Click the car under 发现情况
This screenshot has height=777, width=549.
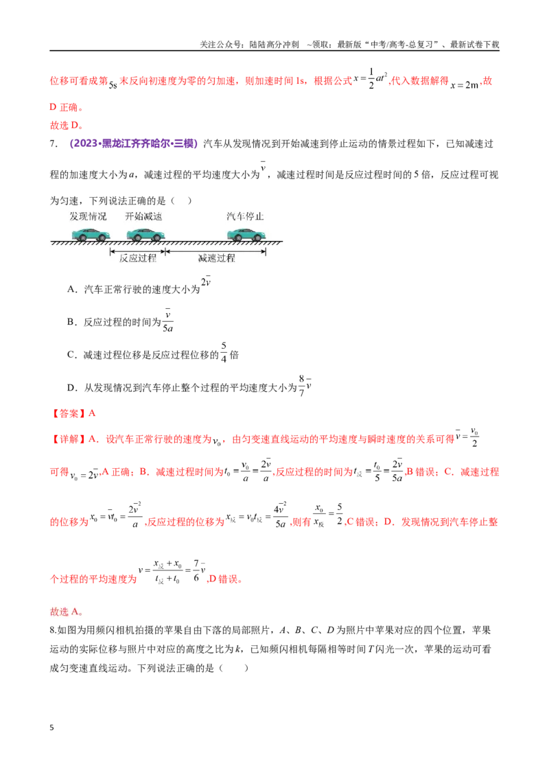coord(91,234)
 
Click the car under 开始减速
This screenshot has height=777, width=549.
coord(145,234)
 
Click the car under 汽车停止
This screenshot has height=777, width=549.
coord(246,234)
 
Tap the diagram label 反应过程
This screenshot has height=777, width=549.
coord(138,258)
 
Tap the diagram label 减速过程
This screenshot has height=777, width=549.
coord(217,258)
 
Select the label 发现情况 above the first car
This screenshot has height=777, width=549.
coord(89,216)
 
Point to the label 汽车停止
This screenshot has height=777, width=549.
coord(245,216)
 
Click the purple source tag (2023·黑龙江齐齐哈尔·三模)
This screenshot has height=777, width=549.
coord(134,143)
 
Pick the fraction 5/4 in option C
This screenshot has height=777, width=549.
coord(224,352)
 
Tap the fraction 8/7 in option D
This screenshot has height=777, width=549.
coord(301,385)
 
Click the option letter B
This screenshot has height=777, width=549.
coord(71,322)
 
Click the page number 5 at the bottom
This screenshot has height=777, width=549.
coord(51,728)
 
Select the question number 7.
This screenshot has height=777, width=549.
coord(53,143)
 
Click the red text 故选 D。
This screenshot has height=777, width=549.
coord(67,126)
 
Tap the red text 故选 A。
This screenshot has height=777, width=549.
coord(67,612)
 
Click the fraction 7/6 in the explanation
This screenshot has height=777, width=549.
coord(197,570)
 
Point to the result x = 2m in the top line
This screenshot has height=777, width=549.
coord(465,84)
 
